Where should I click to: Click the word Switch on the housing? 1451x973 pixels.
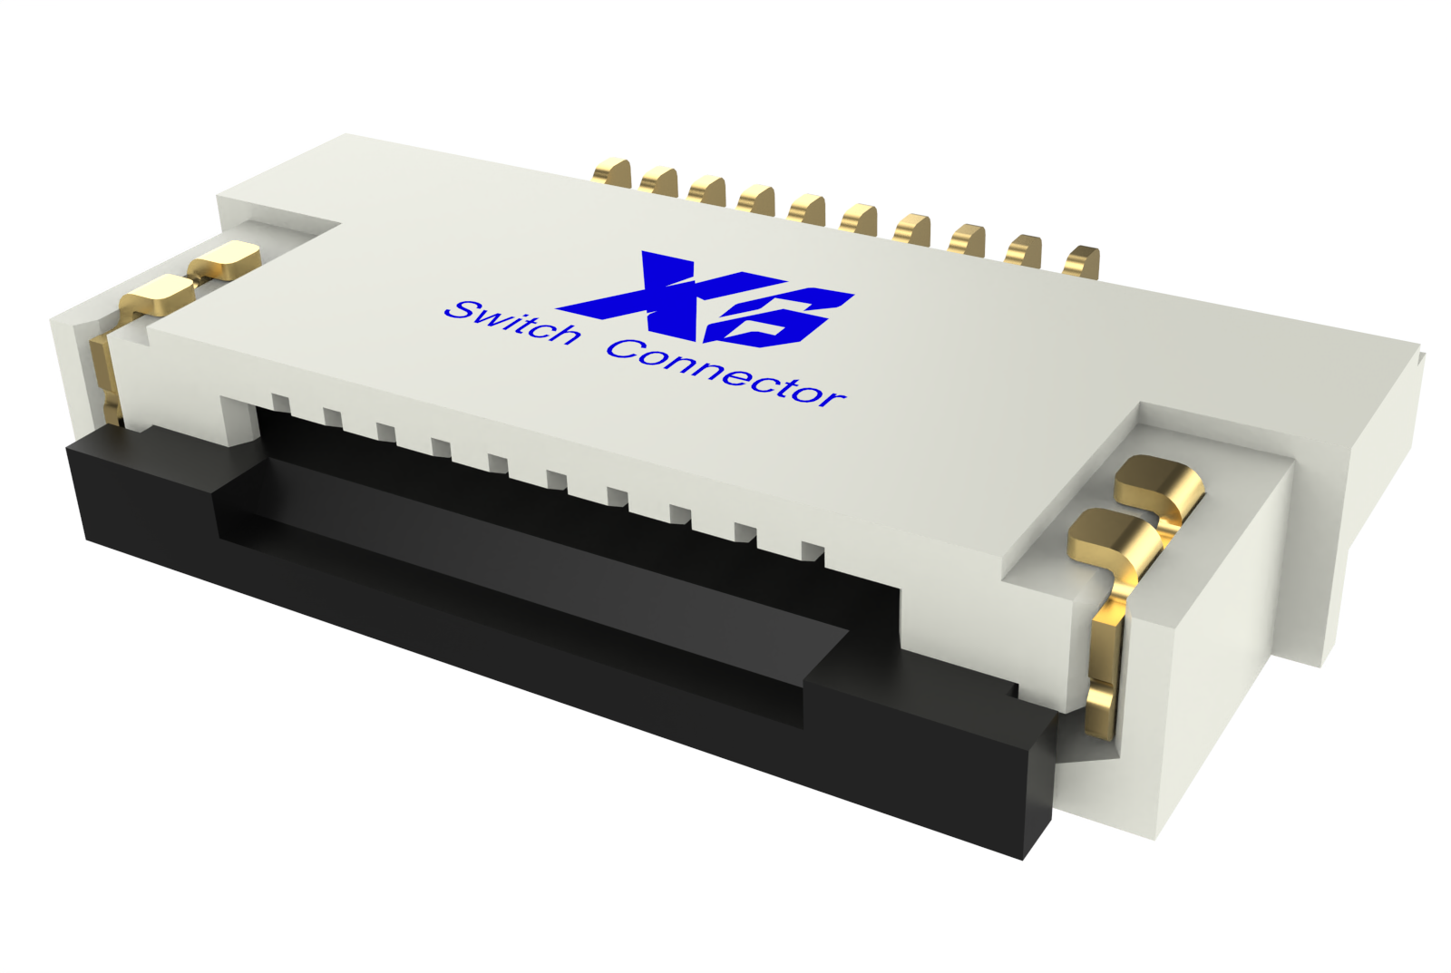tap(513, 322)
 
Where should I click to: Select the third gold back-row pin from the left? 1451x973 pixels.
tap(707, 190)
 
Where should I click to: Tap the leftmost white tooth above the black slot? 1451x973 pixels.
tap(280, 403)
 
